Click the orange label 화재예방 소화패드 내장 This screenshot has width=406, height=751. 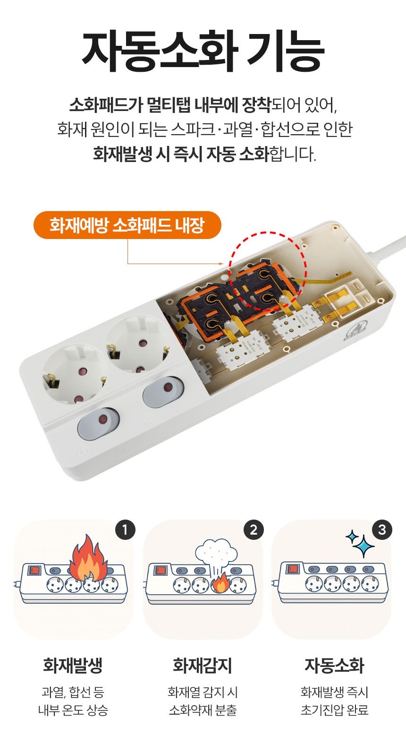[x=127, y=225]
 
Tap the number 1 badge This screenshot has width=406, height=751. [x=125, y=529]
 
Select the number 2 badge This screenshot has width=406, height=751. [x=254, y=529]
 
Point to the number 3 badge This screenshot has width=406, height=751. [x=382, y=529]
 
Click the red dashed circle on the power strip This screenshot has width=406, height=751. [x=267, y=271]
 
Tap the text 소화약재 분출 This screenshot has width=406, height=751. [x=203, y=710]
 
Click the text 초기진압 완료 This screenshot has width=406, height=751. [x=334, y=710]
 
